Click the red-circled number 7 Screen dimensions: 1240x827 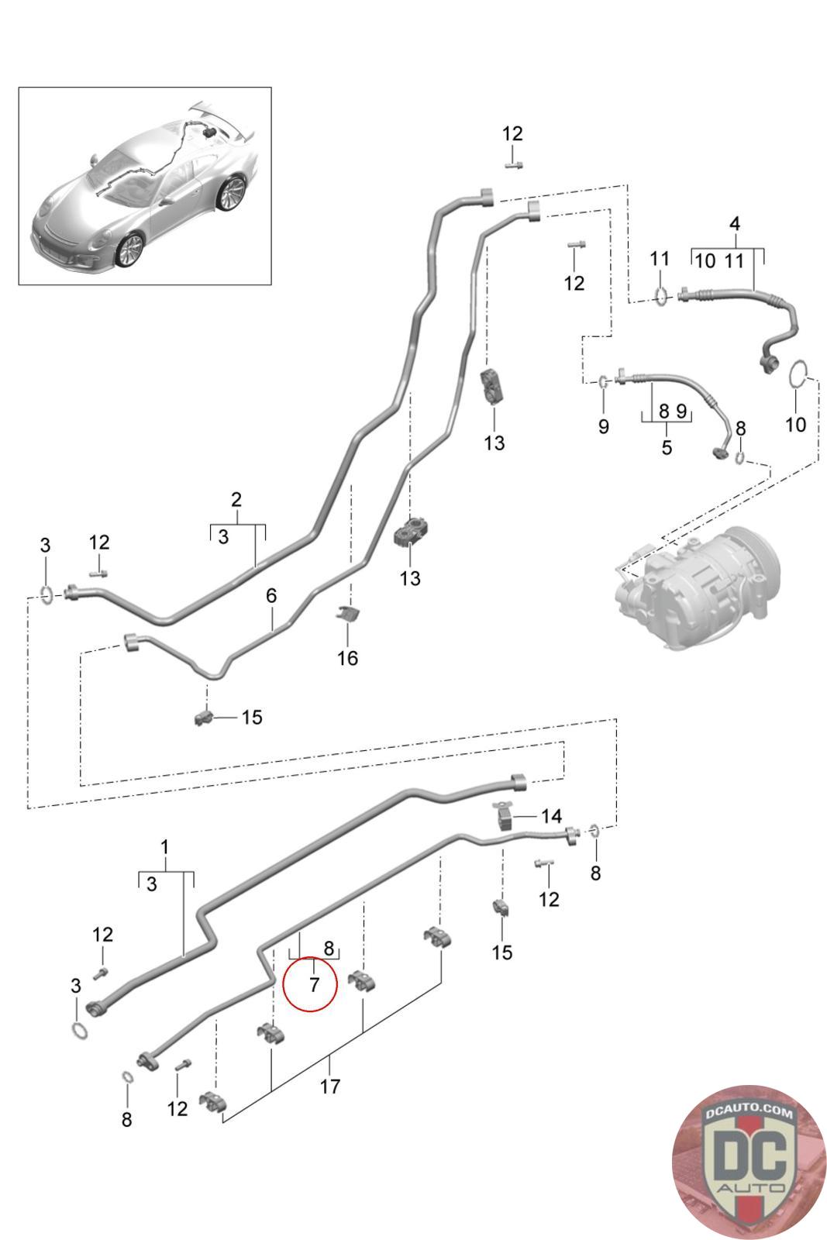tap(313, 985)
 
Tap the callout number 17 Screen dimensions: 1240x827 tap(330, 1087)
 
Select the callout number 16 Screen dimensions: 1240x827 tap(348, 658)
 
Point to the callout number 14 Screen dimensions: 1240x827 tap(551, 816)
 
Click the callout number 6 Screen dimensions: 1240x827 tap(271, 596)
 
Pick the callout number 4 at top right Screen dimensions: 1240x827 tap(734, 224)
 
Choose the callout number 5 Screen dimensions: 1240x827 tap(666, 447)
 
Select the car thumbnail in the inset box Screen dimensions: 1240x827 tap(144, 186)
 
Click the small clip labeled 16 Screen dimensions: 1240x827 tap(347, 615)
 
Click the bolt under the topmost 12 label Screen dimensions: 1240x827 tap(513, 164)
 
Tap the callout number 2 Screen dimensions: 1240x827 tap(236, 499)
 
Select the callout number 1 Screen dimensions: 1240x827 tap(164, 846)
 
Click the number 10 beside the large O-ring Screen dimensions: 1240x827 tap(796, 424)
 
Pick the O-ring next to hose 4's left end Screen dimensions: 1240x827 tap(660, 295)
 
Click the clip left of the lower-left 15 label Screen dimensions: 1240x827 tap(204, 717)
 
